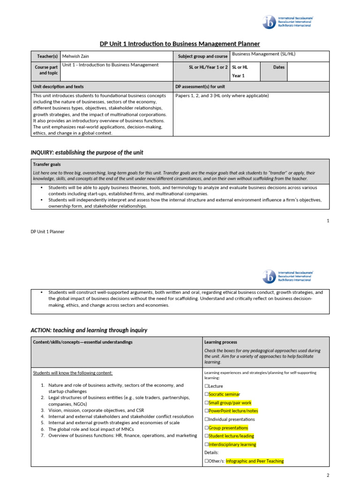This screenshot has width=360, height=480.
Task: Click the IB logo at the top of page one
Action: pos(270,22)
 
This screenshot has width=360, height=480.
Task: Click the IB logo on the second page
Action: pos(270,276)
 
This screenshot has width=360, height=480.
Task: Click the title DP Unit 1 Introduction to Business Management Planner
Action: pos(180,44)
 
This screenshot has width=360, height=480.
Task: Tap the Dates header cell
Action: pos(279,67)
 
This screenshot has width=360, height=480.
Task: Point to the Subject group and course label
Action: pos(202,56)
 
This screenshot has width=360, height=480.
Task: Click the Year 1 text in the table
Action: pos(238,75)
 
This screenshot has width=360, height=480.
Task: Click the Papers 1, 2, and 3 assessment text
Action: pos(222,96)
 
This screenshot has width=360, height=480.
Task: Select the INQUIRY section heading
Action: pos(87,152)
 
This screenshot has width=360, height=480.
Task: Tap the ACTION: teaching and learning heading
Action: pos(89,330)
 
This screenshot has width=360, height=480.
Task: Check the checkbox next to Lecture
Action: pos(207,386)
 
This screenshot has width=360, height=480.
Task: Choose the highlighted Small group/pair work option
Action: pos(230,403)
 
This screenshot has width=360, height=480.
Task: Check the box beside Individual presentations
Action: pos(207,419)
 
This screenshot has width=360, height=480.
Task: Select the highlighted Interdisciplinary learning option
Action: pos(232,444)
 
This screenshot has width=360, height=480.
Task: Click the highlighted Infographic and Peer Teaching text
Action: pos(255,461)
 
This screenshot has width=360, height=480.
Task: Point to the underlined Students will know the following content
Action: pos(73,373)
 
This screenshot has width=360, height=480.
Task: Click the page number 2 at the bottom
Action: pos(328,475)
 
